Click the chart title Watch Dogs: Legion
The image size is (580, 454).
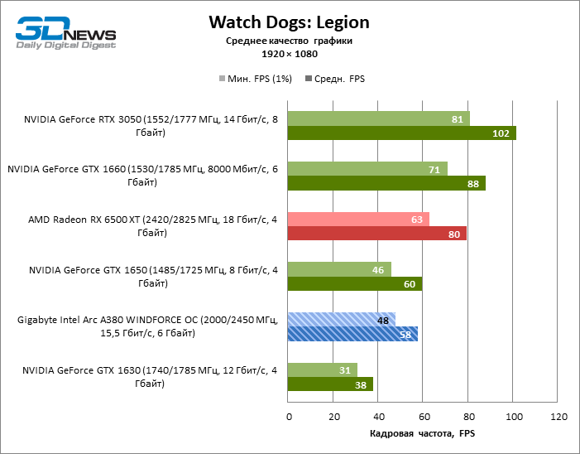point(289,22)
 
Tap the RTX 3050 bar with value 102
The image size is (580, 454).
point(401,133)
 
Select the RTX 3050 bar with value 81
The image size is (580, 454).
point(378,118)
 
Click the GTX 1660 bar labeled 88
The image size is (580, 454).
point(386,184)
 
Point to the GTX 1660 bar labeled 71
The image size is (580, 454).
point(367,169)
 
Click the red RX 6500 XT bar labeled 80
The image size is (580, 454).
point(377,234)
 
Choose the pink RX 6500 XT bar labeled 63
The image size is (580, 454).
point(358,219)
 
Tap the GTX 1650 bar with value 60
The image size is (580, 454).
point(355,284)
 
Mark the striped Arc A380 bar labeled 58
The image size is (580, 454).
point(352,334)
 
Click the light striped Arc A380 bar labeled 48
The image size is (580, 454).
point(341,319)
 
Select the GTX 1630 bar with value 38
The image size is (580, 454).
point(330,384)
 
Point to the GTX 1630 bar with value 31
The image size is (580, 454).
point(323,369)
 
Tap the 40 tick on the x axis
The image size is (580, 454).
point(378,416)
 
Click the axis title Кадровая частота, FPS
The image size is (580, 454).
point(422,433)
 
